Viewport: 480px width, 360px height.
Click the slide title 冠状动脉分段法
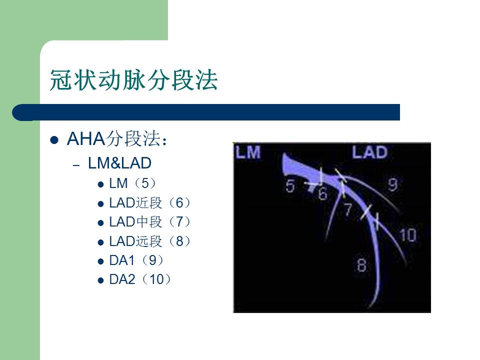click(134, 80)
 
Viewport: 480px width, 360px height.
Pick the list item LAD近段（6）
click(150, 202)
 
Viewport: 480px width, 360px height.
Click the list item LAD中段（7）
click(150, 222)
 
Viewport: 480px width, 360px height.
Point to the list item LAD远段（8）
click(150, 241)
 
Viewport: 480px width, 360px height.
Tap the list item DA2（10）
click(140, 279)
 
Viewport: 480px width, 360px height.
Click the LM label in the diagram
click(248, 152)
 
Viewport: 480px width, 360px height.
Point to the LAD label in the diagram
click(369, 152)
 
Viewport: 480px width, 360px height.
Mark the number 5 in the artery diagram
click(290, 186)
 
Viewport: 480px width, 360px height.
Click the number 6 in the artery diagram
click(322, 193)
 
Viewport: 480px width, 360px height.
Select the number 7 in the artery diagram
click(348, 210)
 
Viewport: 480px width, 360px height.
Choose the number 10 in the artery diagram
click(408, 234)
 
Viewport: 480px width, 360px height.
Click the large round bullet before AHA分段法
click(55, 140)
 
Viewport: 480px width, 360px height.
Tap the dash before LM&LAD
click(76, 165)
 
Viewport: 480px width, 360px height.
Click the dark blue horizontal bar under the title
click(210, 112)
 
